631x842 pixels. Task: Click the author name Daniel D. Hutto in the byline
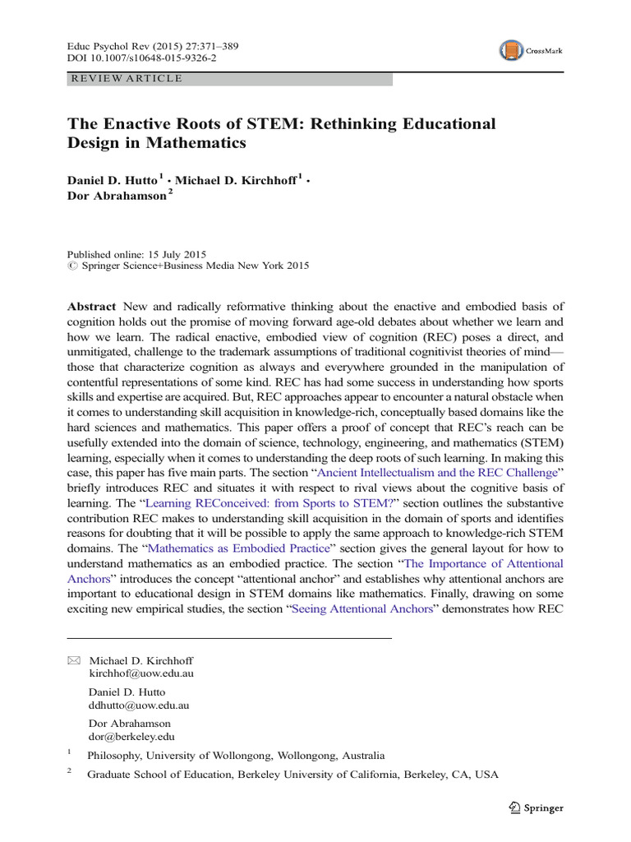coord(117,179)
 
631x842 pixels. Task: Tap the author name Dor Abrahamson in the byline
coord(116,198)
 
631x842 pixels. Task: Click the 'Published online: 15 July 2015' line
coord(136,254)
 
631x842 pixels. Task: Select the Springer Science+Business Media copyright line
coord(187,266)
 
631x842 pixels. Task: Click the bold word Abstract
coord(91,306)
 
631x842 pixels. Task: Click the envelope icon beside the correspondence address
coord(74,660)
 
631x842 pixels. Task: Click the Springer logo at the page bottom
coord(536,807)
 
